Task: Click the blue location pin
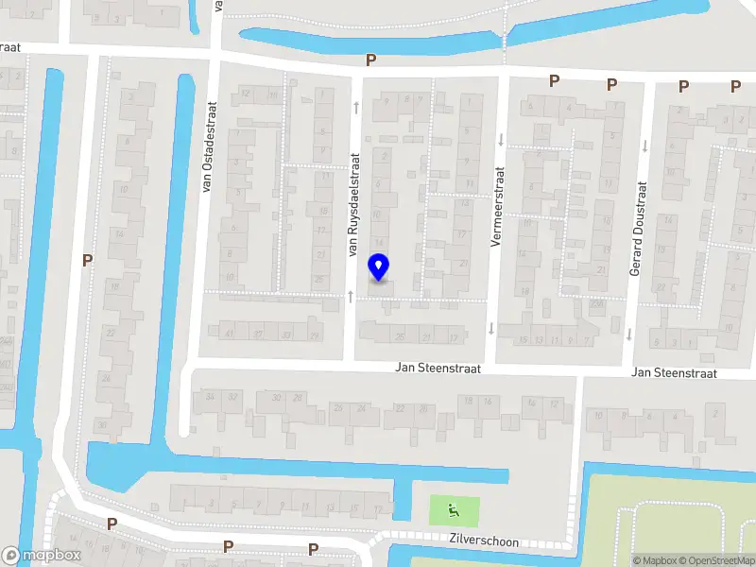pyautogui.click(x=379, y=267)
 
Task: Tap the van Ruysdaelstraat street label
pyautogui.click(x=354, y=205)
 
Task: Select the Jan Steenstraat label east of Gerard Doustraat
pyautogui.click(x=675, y=373)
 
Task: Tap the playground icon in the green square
pyautogui.click(x=454, y=511)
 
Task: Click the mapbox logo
pyautogui.click(x=42, y=556)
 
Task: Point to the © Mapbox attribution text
pyautogui.click(x=655, y=560)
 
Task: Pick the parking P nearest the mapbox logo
pyautogui.click(x=112, y=524)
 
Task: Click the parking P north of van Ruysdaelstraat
pyautogui.click(x=371, y=60)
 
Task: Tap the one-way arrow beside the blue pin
pyautogui.click(x=352, y=296)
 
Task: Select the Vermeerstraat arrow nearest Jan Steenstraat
pyautogui.click(x=490, y=328)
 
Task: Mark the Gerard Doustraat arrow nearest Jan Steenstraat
pyautogui.click(x=627, y=333)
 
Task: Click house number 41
pyautogui.click(x=229, y=334)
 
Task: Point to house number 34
pyautogui.click(x=210, y=397)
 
